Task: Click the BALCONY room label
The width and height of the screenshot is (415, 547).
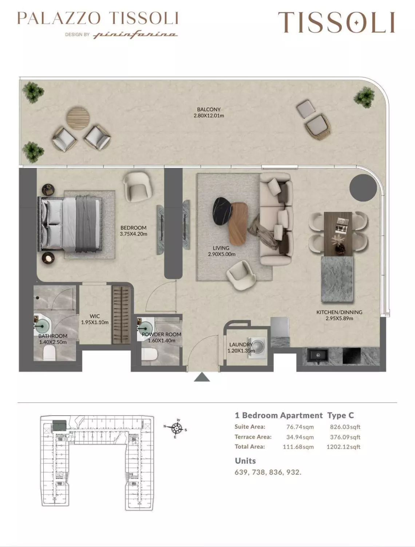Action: [209, 109]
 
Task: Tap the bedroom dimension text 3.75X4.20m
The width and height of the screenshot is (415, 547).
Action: [133, 234]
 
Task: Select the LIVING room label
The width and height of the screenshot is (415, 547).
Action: [221, 248]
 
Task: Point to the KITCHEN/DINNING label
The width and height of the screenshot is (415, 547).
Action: [339, 312]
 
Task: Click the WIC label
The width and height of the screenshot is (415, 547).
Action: [95, 316]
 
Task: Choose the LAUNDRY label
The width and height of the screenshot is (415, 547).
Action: [240, 345]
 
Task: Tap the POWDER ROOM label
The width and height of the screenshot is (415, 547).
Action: [161, 334]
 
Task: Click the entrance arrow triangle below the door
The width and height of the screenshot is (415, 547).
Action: [202, 377]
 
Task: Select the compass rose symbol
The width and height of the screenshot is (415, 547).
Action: [177, 428]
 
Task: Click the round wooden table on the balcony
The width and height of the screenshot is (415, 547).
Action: [78, 118]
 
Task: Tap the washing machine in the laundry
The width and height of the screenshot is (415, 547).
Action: [257, 348]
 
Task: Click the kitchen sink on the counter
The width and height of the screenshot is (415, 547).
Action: [317, 355]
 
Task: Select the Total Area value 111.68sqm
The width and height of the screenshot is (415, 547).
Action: [298, 447]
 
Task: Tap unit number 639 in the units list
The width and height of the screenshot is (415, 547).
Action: [241, 472]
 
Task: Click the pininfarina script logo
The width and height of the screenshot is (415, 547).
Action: [135, 35]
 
